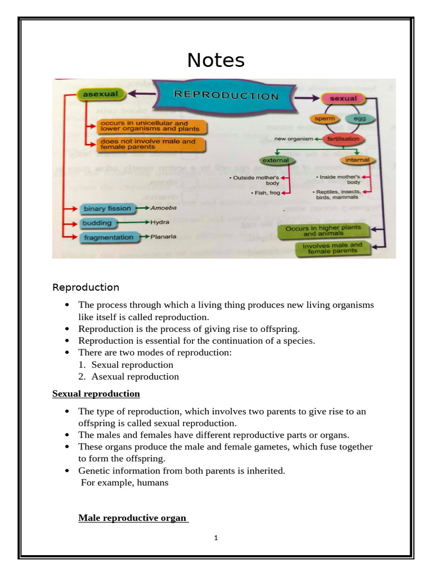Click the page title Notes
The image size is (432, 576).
[x=216, y=60]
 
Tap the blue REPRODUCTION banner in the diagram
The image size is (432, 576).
[x=226, y=96]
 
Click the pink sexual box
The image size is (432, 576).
[x=343, y=98]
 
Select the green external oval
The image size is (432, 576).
[x=276, y=160]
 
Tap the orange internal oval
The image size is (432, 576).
[x=357, y=160]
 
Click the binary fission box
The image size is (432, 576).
[x=107, y=209]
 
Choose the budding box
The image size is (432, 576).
[x=97, y=223]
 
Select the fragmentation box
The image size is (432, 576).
[x=109, y=237]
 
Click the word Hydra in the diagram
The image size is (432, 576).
[x=160, y=223]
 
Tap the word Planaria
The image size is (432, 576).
[x=163, y=237]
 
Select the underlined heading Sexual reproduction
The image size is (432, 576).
[x=96, y=393]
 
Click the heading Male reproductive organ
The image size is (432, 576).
[x=132, y=517]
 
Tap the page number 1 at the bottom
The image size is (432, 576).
[x=216, y=538]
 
